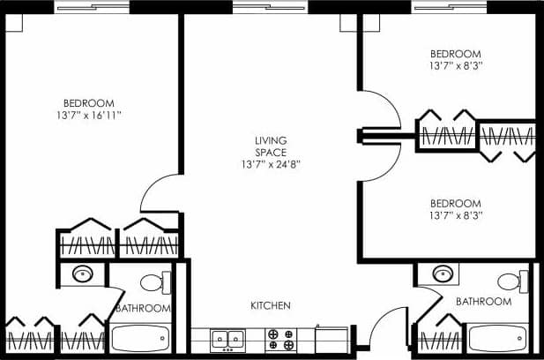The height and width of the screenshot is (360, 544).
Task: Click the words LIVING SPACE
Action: click(271, 146)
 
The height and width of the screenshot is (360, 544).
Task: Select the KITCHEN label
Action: click(271, 306)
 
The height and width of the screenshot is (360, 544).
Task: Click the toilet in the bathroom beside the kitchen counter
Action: click(152, 282)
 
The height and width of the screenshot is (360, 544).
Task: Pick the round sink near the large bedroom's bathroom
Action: click(84, 273)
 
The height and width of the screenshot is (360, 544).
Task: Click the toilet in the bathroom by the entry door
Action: click(509, 281)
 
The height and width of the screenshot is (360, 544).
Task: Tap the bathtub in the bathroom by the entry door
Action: click(497, 337)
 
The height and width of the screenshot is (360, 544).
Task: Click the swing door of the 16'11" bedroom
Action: click(160, 194)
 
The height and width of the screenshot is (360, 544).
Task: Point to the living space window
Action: click(270, 6)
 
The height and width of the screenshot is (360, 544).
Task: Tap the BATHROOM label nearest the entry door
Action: click(483, 302)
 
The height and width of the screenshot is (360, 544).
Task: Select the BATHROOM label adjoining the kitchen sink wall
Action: click(142, 308)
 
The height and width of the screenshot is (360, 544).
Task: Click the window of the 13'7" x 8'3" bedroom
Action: click(449, 6)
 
